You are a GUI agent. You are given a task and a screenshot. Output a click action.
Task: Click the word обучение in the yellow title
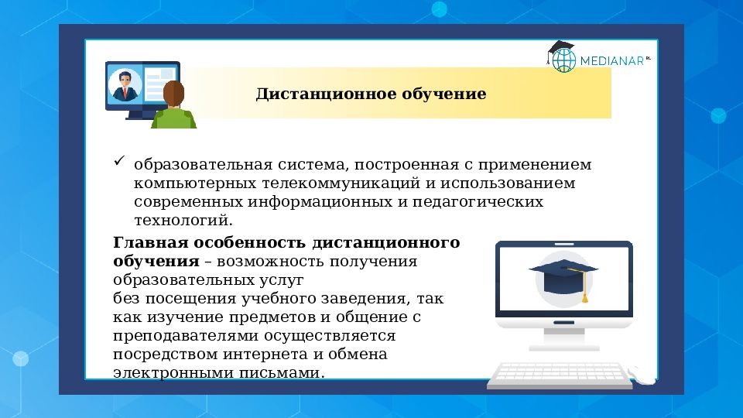click(x=444, y=94)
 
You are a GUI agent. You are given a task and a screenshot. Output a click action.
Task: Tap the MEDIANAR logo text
click(x=612, y=61)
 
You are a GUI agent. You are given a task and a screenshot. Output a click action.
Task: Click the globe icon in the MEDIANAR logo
click(x=564, y=60)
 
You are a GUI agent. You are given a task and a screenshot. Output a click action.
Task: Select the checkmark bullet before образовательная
click(x=119, y=161)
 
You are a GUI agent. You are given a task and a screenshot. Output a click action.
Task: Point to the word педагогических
click(x=478, y=202)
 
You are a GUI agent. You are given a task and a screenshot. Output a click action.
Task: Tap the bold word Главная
click(x=151, y=242)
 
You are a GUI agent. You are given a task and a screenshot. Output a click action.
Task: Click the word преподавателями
click(x=187, y=336)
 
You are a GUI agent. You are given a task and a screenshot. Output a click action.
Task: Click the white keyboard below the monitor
click(x=560, y=375)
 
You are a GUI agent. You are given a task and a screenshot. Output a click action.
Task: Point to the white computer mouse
click(x=642, y=375)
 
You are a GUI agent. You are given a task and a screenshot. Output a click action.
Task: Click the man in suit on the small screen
click(x=125, y=85)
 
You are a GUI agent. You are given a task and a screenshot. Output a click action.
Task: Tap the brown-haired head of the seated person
click(x=173, y=94)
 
